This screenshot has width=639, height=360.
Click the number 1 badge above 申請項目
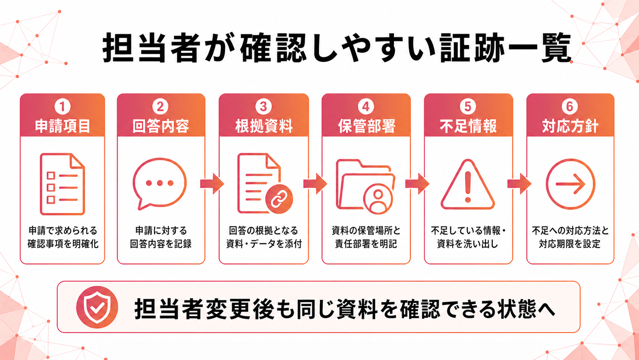[x=62, y=106]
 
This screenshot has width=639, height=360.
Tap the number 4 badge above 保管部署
[x=366, y=106]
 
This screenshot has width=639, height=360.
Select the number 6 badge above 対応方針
[x=570, y=106]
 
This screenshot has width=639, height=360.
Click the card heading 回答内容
[x=161, y=126]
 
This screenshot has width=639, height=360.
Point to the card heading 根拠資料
[x=264, y=126]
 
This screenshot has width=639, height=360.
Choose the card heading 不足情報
[x=468, y=126]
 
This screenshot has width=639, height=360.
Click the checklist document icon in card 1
[x=62, y=184]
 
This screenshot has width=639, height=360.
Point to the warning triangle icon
[x=467, y=184]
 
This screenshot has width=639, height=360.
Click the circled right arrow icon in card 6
[x=570, y=184]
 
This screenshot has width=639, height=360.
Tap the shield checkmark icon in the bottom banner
[x=97, y=307]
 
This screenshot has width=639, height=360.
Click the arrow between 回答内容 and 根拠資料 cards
[x=212, y=184]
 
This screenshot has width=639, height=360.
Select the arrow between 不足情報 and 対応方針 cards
[x=519, y=184]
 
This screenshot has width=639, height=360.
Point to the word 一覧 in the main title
[x=539, y=47]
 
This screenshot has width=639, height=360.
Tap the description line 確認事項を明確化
[x=63, y=244]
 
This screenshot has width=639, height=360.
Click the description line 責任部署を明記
[x=366, y=244]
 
